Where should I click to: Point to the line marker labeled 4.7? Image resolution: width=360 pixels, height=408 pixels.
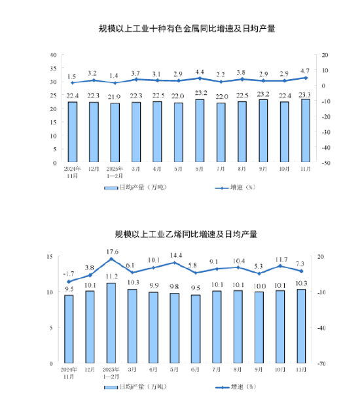click(x=305, y=78)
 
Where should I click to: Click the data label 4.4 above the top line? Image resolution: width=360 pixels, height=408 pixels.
click(x=200, y=71)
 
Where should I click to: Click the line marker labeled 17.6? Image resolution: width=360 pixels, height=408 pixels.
click(x=111, y=260)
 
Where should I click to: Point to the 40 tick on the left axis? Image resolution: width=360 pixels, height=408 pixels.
click(x=52, y=55)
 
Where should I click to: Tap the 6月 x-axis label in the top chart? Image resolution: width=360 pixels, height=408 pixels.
click(x=200, y=170)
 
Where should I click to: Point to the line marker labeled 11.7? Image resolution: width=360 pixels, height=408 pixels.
click(x=280, y=266)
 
